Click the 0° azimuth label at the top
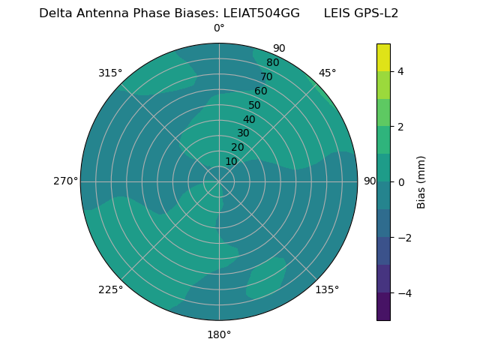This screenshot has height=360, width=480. point(219,28)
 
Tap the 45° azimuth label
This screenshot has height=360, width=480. point(327,73)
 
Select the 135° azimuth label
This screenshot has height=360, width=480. point(327,289)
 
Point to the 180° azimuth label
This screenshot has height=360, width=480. point(219,334)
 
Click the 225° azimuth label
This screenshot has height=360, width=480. point(110,289)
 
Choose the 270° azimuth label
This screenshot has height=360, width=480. point(65,181)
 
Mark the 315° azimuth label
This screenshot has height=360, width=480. point(110,73)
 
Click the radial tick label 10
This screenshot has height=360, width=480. point(231,161)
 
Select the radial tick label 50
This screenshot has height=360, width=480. point(254,105)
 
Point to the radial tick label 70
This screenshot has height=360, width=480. point(266,76)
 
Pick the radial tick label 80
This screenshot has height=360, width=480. point(272,62)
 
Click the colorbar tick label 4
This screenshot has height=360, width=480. point(400,71)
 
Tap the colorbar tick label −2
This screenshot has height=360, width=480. point(403,238)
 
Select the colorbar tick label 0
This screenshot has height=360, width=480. point(400,182)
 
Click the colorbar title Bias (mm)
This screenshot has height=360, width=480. point(421,182)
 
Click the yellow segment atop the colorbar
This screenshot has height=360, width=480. point(383,57)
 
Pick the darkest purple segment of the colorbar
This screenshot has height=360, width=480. point(383,307)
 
